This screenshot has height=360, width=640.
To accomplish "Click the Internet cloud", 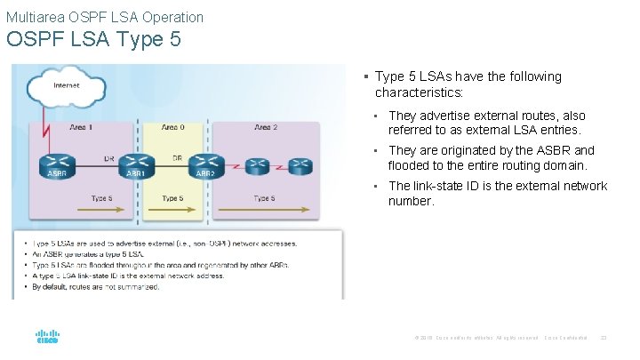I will point(66,86).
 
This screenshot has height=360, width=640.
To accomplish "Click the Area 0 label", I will point(173,128).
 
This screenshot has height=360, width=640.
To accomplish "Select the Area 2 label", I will point(265,128).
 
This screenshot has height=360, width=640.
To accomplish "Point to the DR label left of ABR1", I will point(108,158).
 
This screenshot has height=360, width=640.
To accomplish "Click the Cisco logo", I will point(47,339).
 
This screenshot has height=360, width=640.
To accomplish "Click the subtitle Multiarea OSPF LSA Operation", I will point(105,17).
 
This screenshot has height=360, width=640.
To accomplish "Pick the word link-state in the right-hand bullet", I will point(440,186).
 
